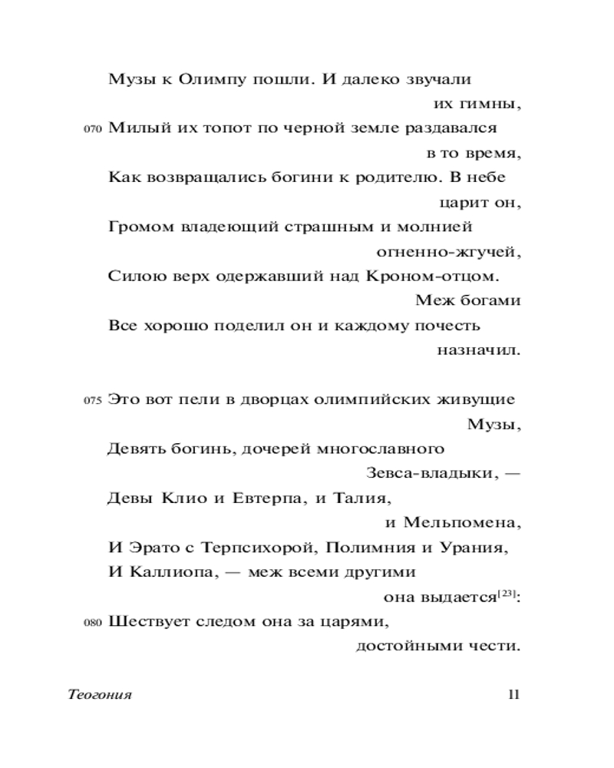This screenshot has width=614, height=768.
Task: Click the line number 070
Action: click(x=91, y=130)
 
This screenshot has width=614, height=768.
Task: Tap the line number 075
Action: click(x=91, y=400)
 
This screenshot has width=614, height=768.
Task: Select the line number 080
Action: click(x=91, y=623)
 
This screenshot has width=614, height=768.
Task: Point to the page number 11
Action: click(x=514, y=695)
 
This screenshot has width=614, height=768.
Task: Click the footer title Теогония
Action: click(x=100, y=695)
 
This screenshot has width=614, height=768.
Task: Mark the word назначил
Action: click(x=479, y=350)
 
